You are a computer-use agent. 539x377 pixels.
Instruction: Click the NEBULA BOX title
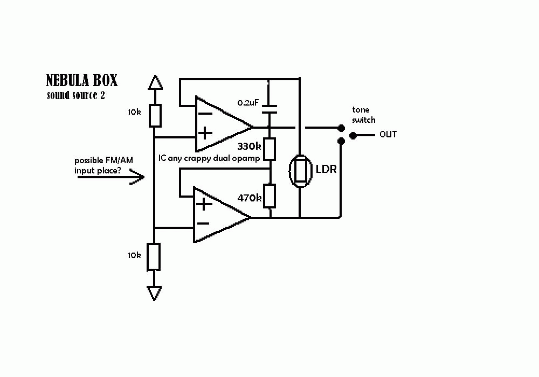pos(81,81)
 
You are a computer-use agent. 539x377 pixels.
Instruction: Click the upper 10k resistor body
pos(155,115)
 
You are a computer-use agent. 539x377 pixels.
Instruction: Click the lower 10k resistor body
pos(155,257)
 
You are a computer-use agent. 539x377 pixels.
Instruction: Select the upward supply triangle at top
pos(155,82)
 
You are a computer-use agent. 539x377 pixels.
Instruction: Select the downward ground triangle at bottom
pos(155,294)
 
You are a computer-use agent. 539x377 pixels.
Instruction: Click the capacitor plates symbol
pos(269,109)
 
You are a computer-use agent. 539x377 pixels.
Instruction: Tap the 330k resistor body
pos(269,149)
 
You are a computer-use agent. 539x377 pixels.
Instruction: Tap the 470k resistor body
pos(270,196)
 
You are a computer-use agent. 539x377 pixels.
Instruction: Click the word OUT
pos(388,134)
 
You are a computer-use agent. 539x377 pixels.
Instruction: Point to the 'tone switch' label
pos(364,115)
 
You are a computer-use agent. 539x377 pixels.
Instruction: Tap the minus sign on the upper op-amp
pos(205,114)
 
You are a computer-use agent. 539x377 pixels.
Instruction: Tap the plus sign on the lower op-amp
pos(203,204)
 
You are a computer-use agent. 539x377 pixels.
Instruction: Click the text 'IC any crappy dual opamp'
pos(209,159)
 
